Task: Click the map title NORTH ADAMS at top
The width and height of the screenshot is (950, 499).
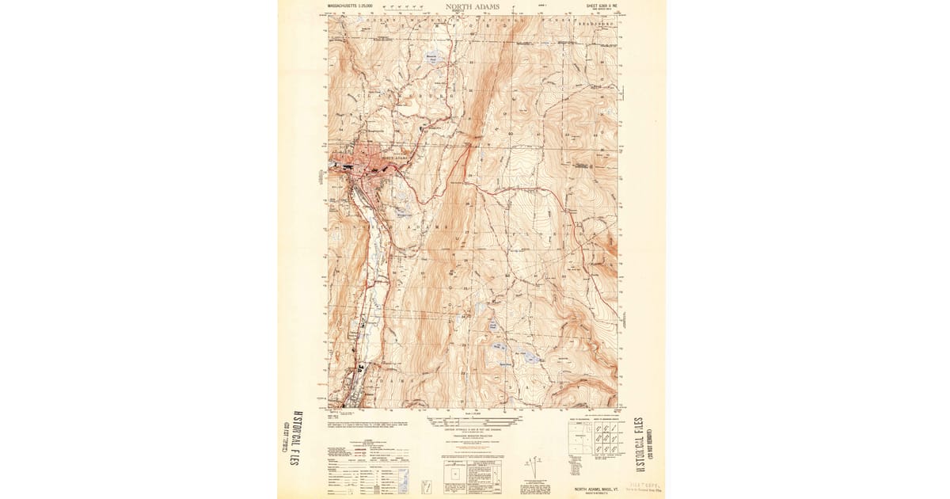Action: pyautogui.click(x=472, y=6)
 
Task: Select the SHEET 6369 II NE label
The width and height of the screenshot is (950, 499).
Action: pyautogui.click(x=599, y=6)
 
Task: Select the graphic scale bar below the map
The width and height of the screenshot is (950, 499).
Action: pyautogui.click(x=472, y=417)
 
